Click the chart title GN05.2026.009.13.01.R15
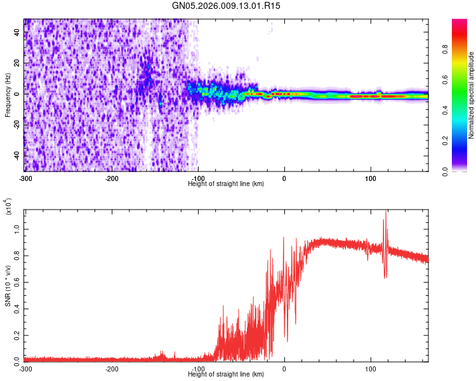[x=227, y=6]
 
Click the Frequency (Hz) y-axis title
[x=8, y=95]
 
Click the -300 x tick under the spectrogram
[x=25, y=177]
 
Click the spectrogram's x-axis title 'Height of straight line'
[x=226, y=184]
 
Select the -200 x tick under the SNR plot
[x=112, y=368]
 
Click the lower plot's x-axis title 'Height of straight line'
[x=226, y=375]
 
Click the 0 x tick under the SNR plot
[x=284, y=368]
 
